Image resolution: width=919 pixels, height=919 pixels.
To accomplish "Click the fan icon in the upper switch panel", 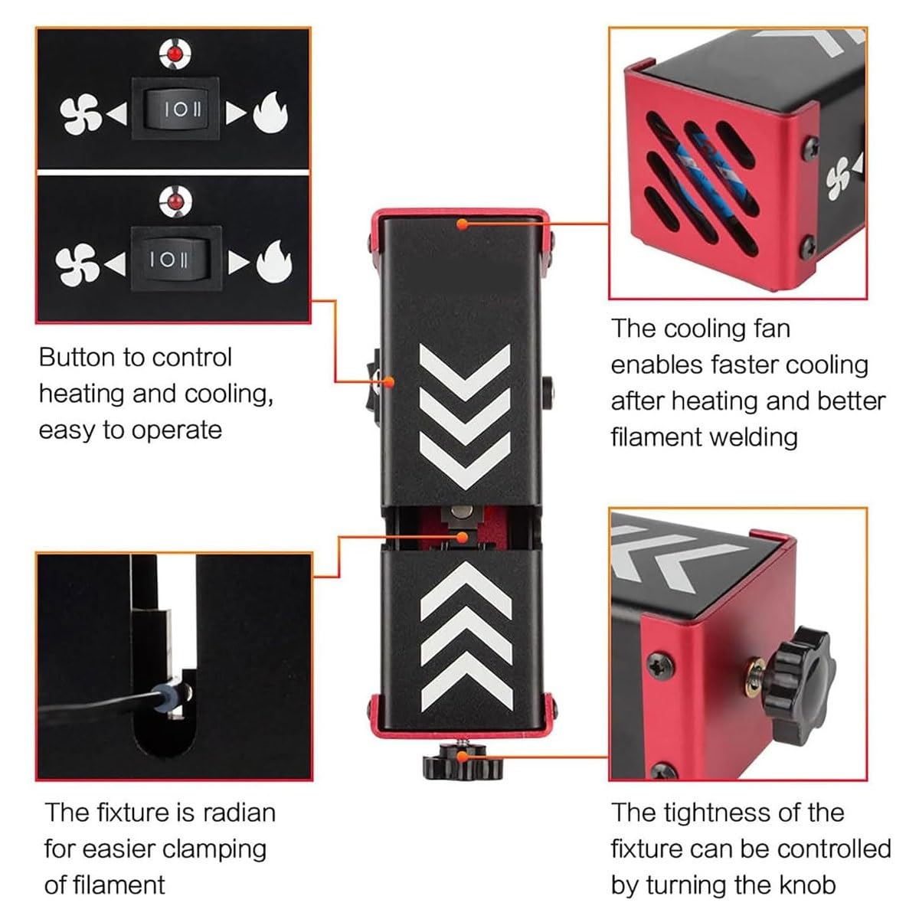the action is pyautogui.click(x=80, y=114).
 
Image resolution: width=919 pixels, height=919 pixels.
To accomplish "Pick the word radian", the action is pyautogui.click(x=240, y=813).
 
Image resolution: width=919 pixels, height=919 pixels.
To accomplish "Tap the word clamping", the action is pyautogui.click(x=214, y=851).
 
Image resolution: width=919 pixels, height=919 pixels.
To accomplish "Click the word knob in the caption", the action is pyautogui.click(x=808, y=885).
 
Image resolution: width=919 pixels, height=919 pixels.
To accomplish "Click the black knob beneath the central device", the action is pyautogui.click(x=463, y=767).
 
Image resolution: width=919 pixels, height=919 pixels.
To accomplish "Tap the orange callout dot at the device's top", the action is pyautogui.click(x=462, y=224).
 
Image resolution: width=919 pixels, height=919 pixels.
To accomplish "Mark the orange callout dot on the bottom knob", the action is pyautogui.click(x=462, y=757).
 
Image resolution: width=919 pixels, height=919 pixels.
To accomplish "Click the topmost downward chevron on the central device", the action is pyautogui.click(x=465, y=372).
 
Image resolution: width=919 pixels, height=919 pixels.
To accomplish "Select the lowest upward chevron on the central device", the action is pyautogui.click(x=467, y=682).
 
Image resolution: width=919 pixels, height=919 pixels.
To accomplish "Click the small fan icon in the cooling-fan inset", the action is pyautogui.click(x=838, y=178).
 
